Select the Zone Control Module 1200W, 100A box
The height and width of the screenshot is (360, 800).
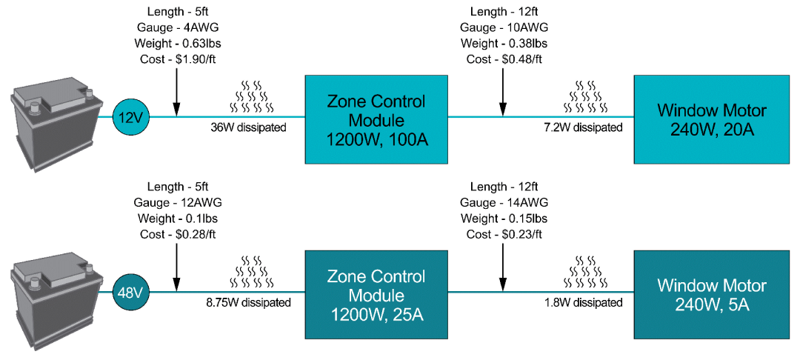point(377,119)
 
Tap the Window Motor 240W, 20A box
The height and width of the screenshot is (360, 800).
point(711,119)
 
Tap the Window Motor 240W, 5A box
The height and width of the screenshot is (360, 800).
point(711,295)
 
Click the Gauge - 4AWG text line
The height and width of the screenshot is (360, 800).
point(178,27)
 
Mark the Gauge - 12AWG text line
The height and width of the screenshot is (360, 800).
point(178,202)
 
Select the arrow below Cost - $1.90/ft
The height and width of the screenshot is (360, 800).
point(176,93)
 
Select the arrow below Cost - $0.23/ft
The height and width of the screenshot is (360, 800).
point(502,267)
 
